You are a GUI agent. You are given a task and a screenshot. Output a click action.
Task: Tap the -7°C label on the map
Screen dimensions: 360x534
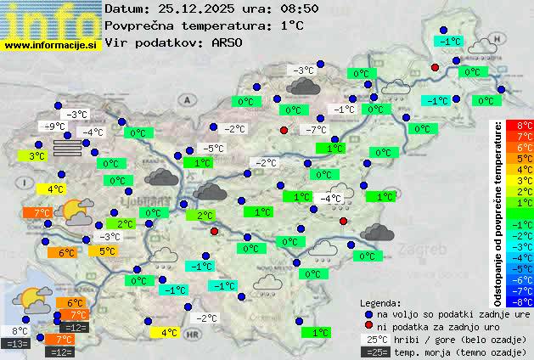coord(316,130)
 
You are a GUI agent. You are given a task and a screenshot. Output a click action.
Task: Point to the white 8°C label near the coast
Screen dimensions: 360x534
coord(18,331)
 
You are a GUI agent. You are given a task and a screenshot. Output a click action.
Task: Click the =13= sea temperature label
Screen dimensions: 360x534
coord(16,344)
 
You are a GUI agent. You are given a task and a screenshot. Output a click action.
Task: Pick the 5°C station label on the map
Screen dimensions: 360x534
coord(107,251)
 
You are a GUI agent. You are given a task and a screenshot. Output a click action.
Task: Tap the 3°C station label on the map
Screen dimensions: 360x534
coord(37,156)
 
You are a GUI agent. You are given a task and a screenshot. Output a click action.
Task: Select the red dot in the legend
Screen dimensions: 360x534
coord(368,327)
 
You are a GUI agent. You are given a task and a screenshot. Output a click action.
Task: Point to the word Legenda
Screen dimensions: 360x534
coord(381,303)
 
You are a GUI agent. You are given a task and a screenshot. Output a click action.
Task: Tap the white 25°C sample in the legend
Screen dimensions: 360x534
coord(374,340)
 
